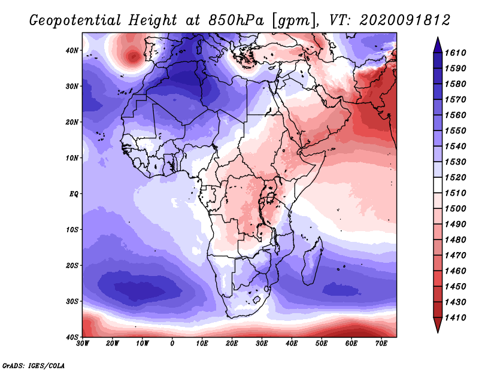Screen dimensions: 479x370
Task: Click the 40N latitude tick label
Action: (x=72, y=50)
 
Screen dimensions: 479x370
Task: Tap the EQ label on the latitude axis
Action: (x=74, y=194)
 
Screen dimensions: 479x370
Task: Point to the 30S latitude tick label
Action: (x=72, y=302)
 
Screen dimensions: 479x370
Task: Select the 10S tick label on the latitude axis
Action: (x=72, y=230)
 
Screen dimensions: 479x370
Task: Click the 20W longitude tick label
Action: (x=113, y=344)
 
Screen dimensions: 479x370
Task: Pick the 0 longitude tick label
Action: (x=172, y=344)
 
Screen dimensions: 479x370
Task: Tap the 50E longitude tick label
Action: (x=322, y=344)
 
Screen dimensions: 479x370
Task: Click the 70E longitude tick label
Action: (x=381, y=344)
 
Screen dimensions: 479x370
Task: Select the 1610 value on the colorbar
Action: (x=455, y=53)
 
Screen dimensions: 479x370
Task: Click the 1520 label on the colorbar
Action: (x=455, y=177)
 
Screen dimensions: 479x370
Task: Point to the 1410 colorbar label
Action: (x=455, y=318)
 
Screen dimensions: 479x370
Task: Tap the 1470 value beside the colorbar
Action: (x=455, y=256)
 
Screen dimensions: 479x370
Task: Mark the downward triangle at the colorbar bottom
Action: (x=438, y=324)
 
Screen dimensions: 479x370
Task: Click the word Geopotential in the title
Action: (x=75, y=20)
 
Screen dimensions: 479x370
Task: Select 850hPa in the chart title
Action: (x=236, y=20)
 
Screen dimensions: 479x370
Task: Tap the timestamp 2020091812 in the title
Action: (x=405, y=20)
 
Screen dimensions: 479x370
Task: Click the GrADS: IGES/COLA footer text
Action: (x=34, y=366)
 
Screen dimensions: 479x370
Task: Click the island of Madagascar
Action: (x=312, y=261)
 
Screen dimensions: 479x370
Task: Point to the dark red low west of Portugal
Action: (x=133, y=56)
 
